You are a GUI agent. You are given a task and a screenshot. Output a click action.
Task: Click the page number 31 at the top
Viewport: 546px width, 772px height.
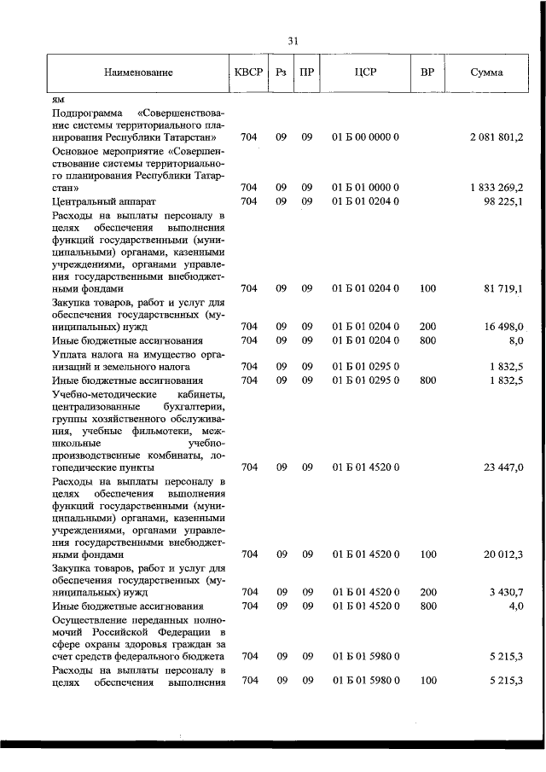pyautogui.click(x=293, y=40)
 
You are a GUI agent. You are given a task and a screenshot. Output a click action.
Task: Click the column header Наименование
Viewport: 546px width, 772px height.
pyautogui.click(x=138, y=73)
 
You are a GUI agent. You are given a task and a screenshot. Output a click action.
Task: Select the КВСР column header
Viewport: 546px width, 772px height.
pyautogui.click(x=248, y=73)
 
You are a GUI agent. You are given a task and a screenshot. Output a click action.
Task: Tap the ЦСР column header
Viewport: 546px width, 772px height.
pyautogui.click(x=365, y=73)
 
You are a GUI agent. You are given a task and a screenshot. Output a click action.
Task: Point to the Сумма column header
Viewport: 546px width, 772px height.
pyautogui.click(x=486, y=73)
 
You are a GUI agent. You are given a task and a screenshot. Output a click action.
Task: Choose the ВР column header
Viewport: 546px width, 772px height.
pyautogui.click(x=427, y=73)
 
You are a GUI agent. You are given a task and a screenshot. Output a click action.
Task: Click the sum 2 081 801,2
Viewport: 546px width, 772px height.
pyautogui.click(x=496, y=137)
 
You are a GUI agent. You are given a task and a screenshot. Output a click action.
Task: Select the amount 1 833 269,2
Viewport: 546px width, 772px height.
pyautogui.click(x=496, y=188)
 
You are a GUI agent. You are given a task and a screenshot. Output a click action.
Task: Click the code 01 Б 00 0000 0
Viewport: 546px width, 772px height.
pyautogui.click(x=366, y=137)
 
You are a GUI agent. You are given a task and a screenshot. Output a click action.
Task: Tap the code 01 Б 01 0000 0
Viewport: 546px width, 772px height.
pyautogui.click(x=366, y=188)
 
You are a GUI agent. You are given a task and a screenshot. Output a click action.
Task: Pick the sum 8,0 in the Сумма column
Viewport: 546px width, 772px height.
pyautogui.click(x=514, y=340)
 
